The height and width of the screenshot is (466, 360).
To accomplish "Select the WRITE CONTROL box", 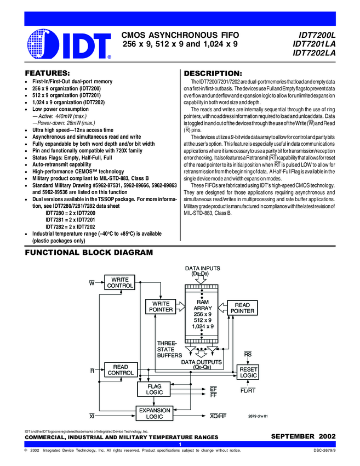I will tap(120, 283).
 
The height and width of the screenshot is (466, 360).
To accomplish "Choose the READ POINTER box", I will tap(242, 308).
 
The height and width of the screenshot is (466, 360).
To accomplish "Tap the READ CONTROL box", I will tap(120, 370).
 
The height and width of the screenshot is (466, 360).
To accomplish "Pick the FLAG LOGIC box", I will tap(154, 390).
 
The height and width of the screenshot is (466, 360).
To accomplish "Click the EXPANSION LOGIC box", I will tap(155, 413).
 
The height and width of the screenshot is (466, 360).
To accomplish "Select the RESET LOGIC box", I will tap(248, 373).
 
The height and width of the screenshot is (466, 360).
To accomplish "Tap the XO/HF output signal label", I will tap(218, 416).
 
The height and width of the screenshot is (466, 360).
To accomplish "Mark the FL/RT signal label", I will tap(248, 391).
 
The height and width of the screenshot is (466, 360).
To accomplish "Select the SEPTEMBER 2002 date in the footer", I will tap(300, 436).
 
